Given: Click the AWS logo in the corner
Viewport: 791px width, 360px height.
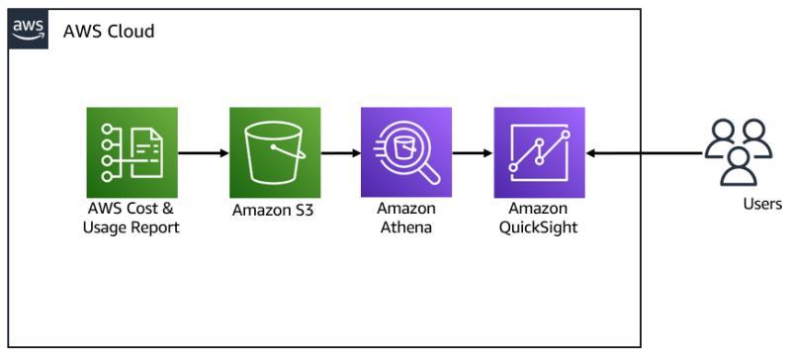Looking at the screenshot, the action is point(29,29).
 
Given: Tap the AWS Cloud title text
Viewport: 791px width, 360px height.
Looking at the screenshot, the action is point(109,32).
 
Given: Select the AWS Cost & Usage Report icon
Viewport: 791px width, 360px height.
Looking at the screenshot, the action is point(132,152).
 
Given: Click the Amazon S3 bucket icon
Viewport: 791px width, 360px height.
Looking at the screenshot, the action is point(275,152).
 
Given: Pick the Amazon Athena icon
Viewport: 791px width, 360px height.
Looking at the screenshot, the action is point(406,152).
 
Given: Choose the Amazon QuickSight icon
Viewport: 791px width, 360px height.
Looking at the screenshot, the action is point(539,152).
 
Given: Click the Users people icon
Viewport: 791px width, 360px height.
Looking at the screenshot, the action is point(738,152).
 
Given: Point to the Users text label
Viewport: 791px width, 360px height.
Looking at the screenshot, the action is point(762,204).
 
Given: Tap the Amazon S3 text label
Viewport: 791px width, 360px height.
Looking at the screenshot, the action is point(273,210).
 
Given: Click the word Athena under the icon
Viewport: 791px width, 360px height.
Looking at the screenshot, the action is point(406,226).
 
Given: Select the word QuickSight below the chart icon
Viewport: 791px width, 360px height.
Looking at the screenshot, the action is point(538,227).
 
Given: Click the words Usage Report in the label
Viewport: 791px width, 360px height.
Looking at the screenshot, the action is point(132,227).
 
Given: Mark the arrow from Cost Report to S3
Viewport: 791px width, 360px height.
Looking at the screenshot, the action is point(204,152).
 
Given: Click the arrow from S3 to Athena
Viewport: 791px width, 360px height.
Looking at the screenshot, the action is point(341,152).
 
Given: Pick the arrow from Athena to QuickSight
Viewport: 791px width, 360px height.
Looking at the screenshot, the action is point(473,152).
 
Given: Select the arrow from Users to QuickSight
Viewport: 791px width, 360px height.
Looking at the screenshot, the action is point(645,152).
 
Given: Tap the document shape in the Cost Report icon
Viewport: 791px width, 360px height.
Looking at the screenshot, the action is point(146,152).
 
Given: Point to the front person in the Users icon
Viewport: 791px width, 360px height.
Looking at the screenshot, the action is point(738,166).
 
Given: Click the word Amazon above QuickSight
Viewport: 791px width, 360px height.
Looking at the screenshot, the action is point(538,208).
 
